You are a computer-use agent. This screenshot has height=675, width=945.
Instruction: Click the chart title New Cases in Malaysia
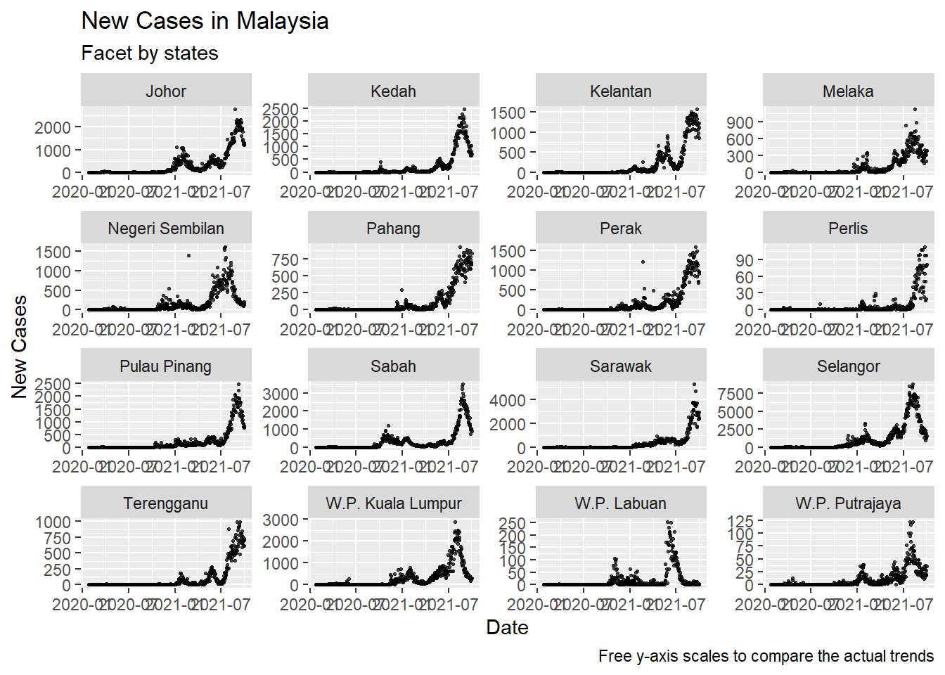click(x=205, y=21)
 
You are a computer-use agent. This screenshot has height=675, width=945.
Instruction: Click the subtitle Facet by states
click(x=150, y=53)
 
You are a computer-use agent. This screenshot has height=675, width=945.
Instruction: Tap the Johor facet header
click(x=166, y=91)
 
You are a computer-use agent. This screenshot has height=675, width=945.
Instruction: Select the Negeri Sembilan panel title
click(x=166, y=229)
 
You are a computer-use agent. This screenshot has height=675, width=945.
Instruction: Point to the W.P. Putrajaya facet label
click(x=848, y=503)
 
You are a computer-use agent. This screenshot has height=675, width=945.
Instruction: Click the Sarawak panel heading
click(x=621, y=366)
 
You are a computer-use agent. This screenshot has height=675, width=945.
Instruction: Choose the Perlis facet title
click(x=848, y=229)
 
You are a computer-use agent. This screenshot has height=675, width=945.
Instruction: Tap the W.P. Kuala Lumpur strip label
click(x=394, y=503)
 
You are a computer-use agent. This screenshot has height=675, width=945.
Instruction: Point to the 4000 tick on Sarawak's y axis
click(x=508, y=401)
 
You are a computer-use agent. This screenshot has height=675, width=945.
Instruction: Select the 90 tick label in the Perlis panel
click(x=745, y=261)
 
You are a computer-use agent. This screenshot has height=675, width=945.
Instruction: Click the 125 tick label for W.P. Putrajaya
click(x=740, y=522)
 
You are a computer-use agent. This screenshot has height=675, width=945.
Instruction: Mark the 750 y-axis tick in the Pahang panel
click(x=285, y=260)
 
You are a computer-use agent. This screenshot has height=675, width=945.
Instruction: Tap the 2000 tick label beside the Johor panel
click(x=53, y=128)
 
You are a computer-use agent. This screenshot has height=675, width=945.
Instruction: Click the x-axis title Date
click(x=507, y=628)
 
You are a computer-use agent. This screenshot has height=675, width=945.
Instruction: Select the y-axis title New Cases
click(x=19, y=347)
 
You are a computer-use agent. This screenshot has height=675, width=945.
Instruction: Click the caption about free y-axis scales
click(x=766, y=656)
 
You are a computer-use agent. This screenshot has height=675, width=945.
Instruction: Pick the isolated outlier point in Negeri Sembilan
click(x=188, y=255)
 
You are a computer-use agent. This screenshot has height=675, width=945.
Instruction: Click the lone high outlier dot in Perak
click(x=643, y=262)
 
